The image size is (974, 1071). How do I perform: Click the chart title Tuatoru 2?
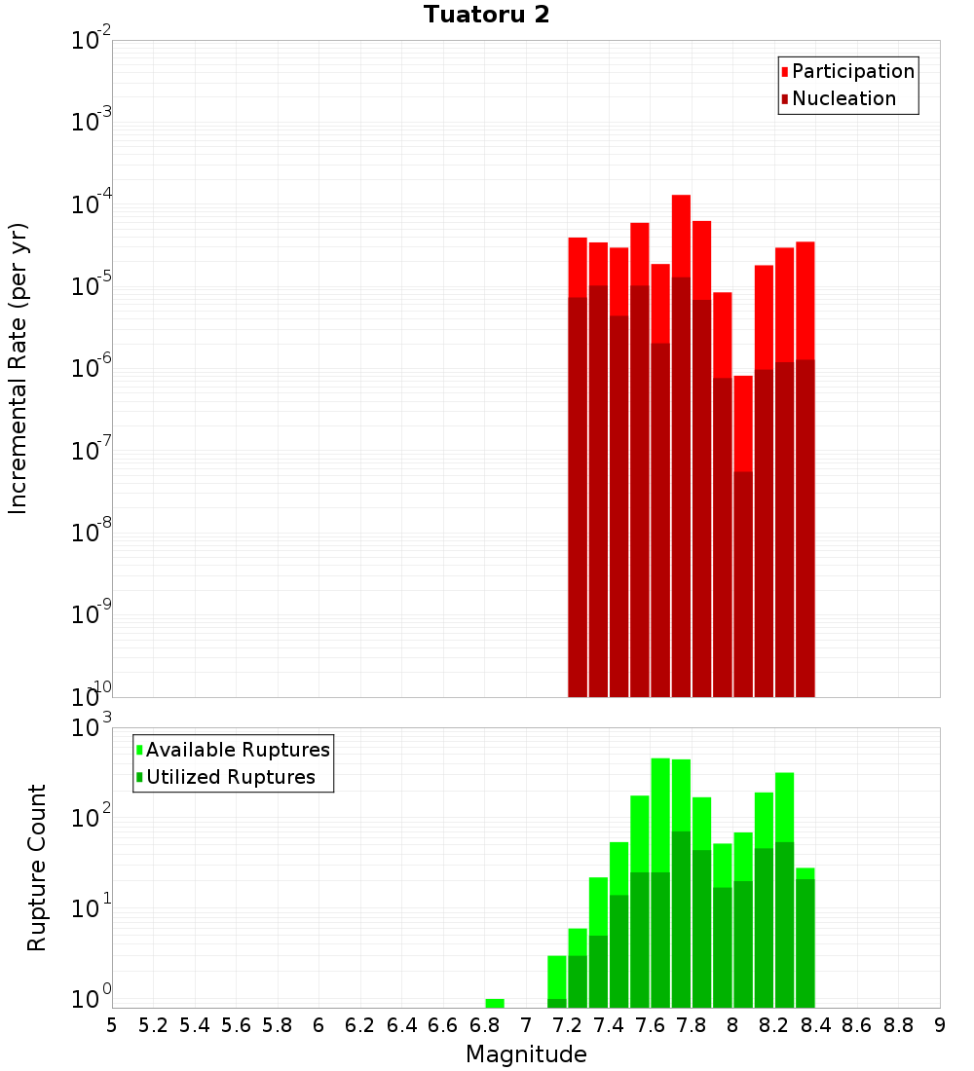486,15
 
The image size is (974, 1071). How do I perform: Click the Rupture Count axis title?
37,867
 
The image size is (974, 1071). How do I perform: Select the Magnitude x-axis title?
526,1054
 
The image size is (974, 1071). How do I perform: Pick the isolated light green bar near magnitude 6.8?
495,1003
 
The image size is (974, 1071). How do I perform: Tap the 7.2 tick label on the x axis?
567,1025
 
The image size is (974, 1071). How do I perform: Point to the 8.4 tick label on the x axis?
815,1025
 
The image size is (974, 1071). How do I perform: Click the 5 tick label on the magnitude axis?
112,1025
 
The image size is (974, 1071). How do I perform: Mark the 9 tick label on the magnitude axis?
940,1025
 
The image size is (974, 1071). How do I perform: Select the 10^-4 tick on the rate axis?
92,204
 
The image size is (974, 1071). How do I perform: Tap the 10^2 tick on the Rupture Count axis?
92,817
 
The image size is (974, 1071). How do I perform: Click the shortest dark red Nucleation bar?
743,584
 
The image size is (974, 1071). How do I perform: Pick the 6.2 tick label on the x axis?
360,1025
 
